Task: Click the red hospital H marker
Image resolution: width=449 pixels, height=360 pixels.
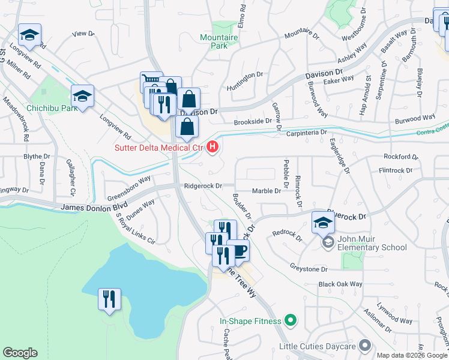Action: (212, 146)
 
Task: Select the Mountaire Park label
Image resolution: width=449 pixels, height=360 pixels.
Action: (219, 41)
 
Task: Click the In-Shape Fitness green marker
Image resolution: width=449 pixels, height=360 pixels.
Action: (291, 321)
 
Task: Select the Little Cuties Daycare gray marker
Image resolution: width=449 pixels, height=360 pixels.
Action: (364, 346)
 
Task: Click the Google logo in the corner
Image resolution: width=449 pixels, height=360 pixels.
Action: (20, 353)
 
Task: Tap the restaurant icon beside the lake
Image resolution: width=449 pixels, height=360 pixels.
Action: (109, 299)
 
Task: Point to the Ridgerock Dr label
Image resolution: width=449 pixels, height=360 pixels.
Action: (203, 186)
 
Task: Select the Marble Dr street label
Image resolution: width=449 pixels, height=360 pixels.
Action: (267, 191)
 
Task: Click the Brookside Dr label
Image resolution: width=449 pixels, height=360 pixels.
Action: (253, 121)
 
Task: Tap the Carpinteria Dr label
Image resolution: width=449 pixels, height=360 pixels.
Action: (306, 132)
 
